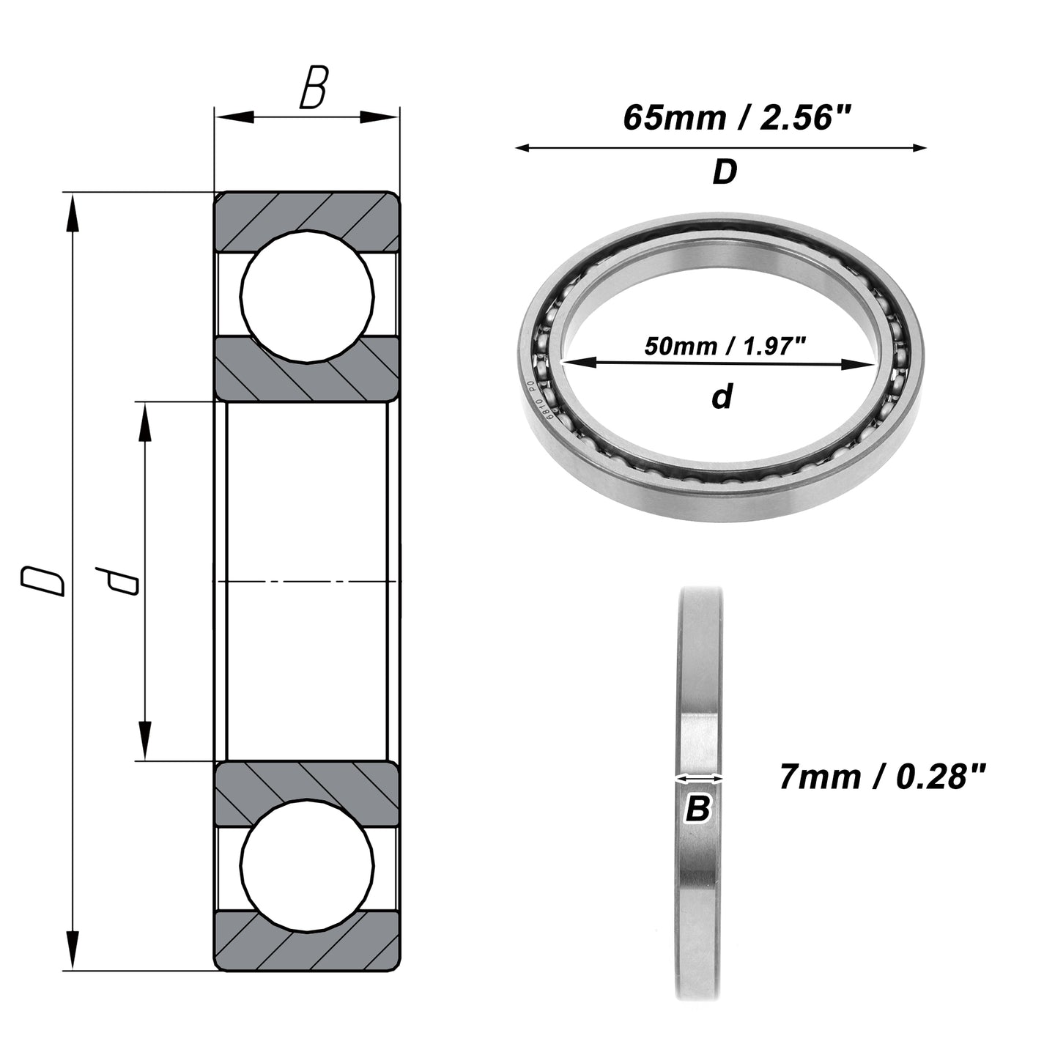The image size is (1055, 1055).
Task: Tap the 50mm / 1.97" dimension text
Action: click(725, 346)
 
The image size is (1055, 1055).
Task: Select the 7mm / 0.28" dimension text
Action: click(882, 777)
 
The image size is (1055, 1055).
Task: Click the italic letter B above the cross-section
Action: click(314, 87)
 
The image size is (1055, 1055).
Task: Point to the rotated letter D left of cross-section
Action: click(42, 582)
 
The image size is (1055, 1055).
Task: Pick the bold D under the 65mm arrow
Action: click(725, 172)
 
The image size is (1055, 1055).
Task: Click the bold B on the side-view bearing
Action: click(699, 808)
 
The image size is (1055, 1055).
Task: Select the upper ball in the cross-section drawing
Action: click(307, 296)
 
